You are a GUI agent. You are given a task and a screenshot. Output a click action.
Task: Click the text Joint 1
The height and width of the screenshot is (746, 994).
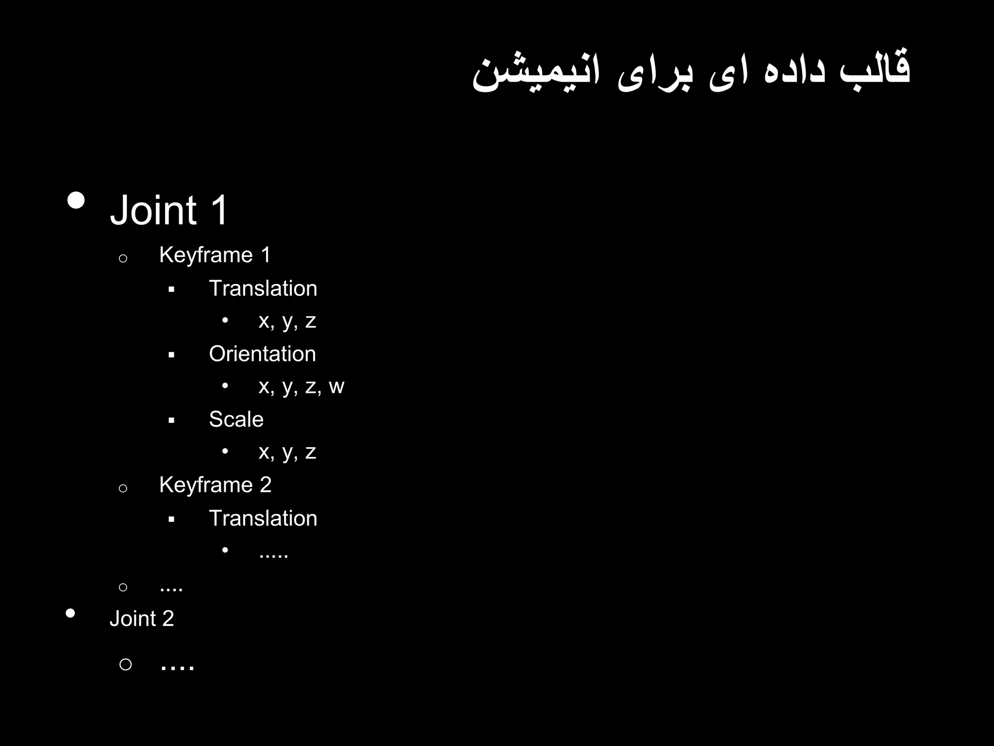point(169,210)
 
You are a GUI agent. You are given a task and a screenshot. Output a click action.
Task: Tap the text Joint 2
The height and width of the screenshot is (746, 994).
point(141,619)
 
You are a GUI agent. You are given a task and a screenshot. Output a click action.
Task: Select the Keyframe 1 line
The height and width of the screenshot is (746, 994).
point(215,255)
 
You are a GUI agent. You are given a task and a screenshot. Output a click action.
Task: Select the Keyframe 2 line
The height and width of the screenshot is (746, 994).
point(215,485)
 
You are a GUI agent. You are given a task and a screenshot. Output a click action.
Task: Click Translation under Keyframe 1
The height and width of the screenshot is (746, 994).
point(263,288)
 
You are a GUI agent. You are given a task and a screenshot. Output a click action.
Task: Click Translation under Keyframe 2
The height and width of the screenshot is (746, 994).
point(263,518)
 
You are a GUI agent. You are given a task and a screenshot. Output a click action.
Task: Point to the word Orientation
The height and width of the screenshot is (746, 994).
point(262,354)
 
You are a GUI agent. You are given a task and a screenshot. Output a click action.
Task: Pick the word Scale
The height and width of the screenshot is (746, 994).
point(236,419)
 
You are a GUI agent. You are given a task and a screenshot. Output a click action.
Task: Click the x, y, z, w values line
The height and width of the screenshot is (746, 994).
point(301,387)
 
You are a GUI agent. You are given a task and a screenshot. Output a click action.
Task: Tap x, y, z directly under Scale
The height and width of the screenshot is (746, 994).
point(287,452)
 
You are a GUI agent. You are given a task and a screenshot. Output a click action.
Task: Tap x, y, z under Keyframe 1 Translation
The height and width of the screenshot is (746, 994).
point(287,321)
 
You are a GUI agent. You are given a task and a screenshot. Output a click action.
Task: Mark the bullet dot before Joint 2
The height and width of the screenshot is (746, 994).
point(70,613)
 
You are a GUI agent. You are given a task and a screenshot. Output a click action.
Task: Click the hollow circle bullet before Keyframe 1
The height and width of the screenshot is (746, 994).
point(123,258)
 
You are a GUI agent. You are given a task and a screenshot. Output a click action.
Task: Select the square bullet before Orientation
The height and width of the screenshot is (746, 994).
point(171,356)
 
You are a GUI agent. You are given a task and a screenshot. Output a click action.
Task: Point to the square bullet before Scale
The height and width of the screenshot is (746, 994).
point(171,421)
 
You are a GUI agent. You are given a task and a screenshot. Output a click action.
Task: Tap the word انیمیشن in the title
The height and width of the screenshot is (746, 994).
point(536,73)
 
